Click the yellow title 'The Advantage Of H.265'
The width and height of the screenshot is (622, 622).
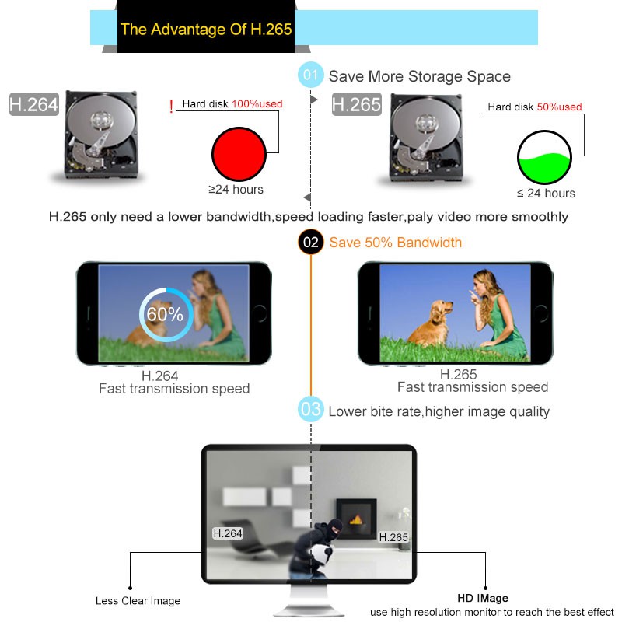[206, 30]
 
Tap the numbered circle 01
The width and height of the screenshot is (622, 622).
[311, 76]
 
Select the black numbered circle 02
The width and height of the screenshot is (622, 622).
[311, 243]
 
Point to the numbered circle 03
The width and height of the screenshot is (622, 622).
[311, 410]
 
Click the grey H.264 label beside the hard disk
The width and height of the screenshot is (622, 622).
[34, 105]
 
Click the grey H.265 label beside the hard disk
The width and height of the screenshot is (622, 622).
[356, 105]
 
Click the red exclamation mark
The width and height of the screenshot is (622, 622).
[171, 107]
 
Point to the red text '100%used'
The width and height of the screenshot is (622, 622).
[257, 103]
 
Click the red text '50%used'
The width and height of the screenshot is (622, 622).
[559, 107]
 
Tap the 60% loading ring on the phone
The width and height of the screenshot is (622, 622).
[165, 314]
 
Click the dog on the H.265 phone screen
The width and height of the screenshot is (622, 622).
[432, 323]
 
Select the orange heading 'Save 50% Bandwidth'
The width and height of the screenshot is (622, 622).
[395, 243]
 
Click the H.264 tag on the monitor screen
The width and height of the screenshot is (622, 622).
[228, 533]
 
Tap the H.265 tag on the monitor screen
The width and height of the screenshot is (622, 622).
[393, 537]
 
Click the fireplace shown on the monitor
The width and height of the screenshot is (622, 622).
[356, 517]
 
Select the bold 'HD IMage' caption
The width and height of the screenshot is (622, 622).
[482, 598]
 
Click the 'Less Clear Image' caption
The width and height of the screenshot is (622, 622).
[138, 600]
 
